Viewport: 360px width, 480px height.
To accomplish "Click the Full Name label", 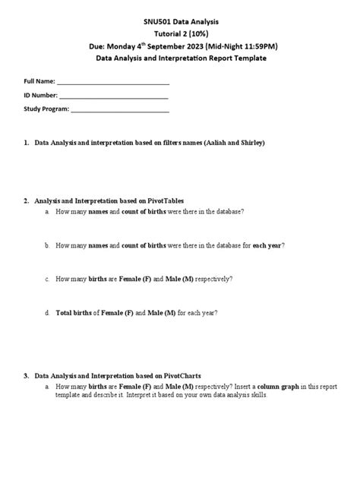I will (x=39, y=81).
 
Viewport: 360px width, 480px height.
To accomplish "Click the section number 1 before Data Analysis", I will (x=26, y=143).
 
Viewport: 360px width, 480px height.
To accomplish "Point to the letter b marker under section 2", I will (x=47, y=245).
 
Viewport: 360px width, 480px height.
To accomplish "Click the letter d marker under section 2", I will (x=47, y=312).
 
